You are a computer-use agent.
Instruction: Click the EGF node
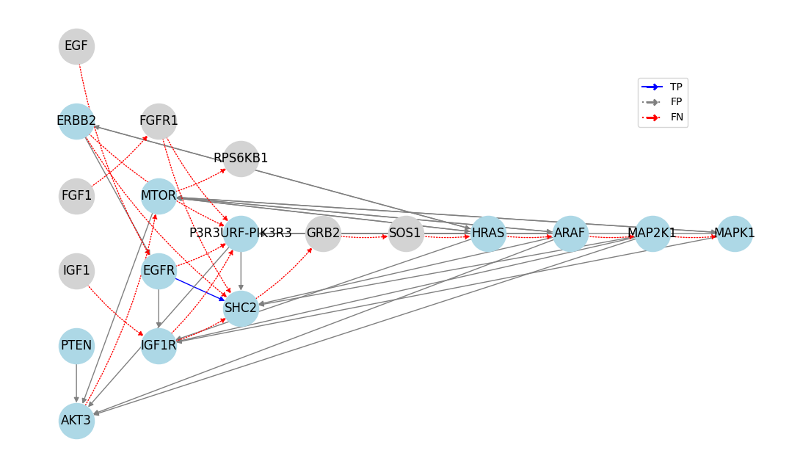(76, 46)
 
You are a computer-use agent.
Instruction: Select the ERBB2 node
(76, 121)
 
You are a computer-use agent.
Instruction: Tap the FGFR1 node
(159, 121)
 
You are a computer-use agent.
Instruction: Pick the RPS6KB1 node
(241, 159)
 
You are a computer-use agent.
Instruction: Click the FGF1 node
(76, 196)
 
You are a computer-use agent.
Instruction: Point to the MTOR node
(159, 196)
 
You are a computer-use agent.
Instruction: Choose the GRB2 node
(323, 233)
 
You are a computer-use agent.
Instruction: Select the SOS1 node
(405, 233)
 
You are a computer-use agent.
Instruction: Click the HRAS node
(488, 233)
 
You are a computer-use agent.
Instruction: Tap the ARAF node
(570, 233)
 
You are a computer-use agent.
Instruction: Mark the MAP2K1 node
(652, 233)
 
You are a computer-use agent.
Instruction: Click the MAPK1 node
(734, 233)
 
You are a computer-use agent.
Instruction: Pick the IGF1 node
(76, 271)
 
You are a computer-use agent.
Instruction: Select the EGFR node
(159, 271)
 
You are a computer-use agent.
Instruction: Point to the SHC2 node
(241, 308)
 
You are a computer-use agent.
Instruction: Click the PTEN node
(76, 346)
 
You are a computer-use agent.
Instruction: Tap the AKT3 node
(76, 421)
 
